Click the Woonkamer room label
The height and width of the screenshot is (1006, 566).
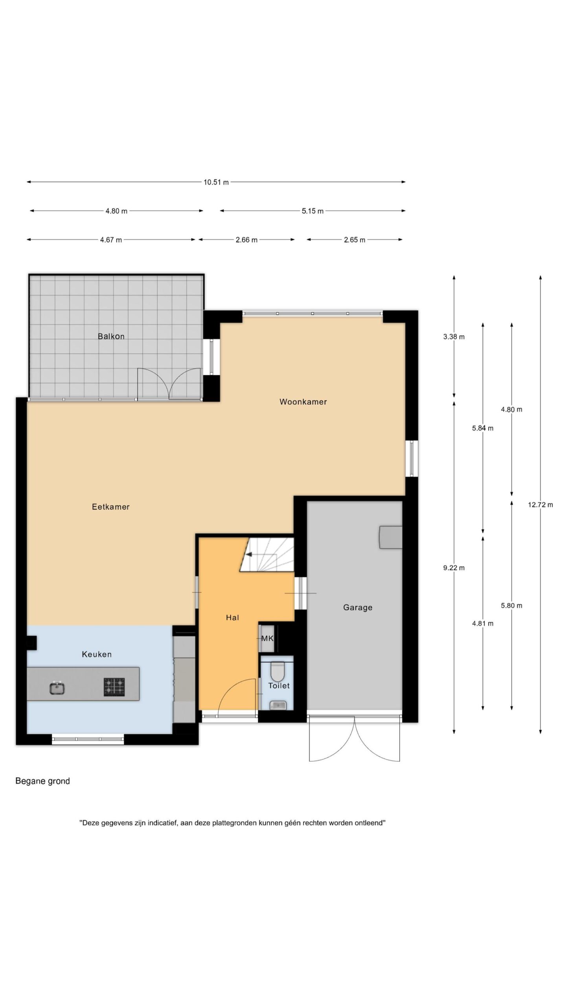coord(303,402)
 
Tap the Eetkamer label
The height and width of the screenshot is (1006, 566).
coord(111,507)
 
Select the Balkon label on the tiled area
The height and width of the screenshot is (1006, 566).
coord(111,336)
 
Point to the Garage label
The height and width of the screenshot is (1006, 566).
coord(358,608)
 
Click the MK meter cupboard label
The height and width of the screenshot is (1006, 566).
coord(267,639)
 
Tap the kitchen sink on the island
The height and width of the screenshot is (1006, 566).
coord(57,688)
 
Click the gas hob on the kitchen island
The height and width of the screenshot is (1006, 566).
coord(114,687)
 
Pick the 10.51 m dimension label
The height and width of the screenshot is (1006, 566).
coord(216,182)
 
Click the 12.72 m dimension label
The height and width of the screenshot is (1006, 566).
coord(540,505)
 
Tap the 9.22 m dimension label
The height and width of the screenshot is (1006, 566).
coord(454,568)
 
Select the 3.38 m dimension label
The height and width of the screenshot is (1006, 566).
coord(454,337)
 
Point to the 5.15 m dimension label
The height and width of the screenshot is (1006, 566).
coord(312,211)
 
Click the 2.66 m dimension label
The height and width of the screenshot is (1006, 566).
coord(246,240)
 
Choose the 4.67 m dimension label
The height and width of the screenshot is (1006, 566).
coord(111,240)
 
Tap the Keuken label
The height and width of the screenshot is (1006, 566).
coord(97,655)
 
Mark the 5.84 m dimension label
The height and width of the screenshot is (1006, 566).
coord(483,428)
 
